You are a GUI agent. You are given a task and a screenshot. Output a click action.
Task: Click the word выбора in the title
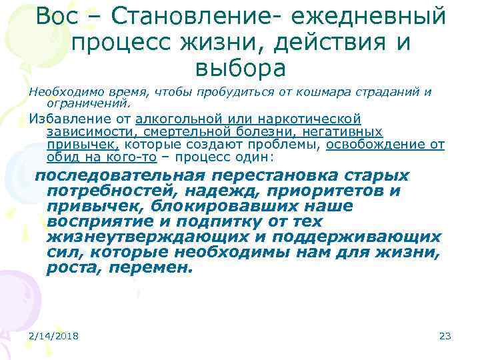click(240, 67)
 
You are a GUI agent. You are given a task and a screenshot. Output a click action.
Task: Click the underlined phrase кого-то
click(134, 158)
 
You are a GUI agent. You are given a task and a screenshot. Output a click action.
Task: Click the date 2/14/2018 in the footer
click(53, 336)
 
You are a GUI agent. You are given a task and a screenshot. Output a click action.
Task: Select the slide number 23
click(445, 336)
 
